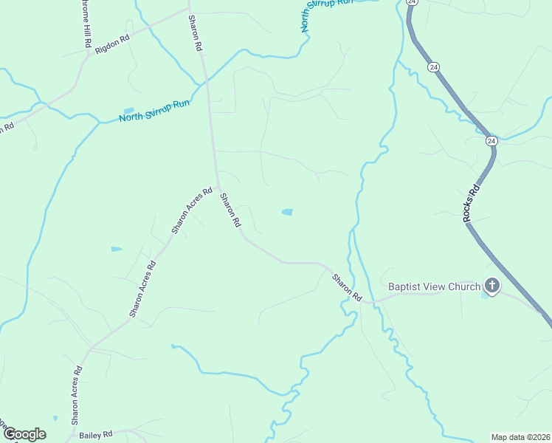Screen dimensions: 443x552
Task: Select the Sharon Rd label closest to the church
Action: pyautogui.click(x=347, y=287)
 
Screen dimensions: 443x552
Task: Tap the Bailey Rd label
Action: pyautogui.click(x=97, y=434)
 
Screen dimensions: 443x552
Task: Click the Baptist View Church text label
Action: pyautogui.click(x=434, y=286)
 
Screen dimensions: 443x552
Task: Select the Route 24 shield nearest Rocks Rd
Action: pyautogui.click(x=491, y=140)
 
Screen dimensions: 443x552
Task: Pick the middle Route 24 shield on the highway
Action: pyautogui.click(x=433, y=67)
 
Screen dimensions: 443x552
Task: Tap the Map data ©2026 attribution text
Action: pyautogui.click(x=520, y=437)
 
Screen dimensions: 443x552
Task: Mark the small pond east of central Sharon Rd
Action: pyautogui.click(x=287, y=213)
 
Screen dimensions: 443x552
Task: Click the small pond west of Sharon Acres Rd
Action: pyautogui.click(x=116, y=249)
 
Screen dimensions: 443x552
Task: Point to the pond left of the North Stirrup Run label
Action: pyautogui.click(x=130, y=109)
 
